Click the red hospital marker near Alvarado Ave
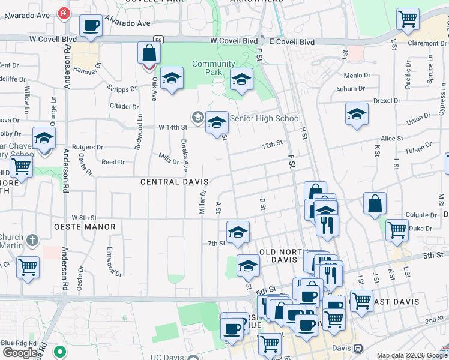pos(64,13)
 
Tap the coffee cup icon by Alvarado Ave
pos(91,26)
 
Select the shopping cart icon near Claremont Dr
pos(408,18)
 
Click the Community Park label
pos(213,68)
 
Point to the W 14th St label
pos(173,127)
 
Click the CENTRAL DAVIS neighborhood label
pos(174,181)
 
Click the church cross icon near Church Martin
pos(33,241)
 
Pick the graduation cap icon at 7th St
pos(238,232)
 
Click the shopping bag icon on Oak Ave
pos(149,53)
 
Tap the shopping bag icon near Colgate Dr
pos(375,203)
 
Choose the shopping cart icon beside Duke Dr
pos(397,230)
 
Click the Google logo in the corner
pos(20,353)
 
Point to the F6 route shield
pos(157,39)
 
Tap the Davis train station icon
pos(358,348)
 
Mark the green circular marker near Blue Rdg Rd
pos(59,352)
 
